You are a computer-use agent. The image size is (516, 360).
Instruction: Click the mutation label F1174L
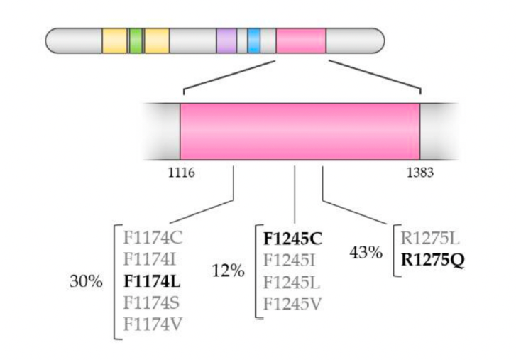151,280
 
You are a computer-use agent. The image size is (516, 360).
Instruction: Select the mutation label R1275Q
432,261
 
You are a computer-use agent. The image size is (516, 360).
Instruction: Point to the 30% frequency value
86,280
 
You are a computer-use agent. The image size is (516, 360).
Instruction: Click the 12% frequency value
229,270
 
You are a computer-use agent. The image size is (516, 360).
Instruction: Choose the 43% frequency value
366,251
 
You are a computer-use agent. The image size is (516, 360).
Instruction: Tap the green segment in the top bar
136,40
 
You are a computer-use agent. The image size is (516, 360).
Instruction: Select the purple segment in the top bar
226,40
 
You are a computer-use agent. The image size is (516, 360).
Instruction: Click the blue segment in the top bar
253,40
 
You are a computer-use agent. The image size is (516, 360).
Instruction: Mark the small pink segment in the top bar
301,40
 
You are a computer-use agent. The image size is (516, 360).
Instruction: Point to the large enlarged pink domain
300,131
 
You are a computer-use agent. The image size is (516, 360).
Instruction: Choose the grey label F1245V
293,304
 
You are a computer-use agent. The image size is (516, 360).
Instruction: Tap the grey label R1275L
431,238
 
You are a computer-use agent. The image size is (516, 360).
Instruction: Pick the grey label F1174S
151,302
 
